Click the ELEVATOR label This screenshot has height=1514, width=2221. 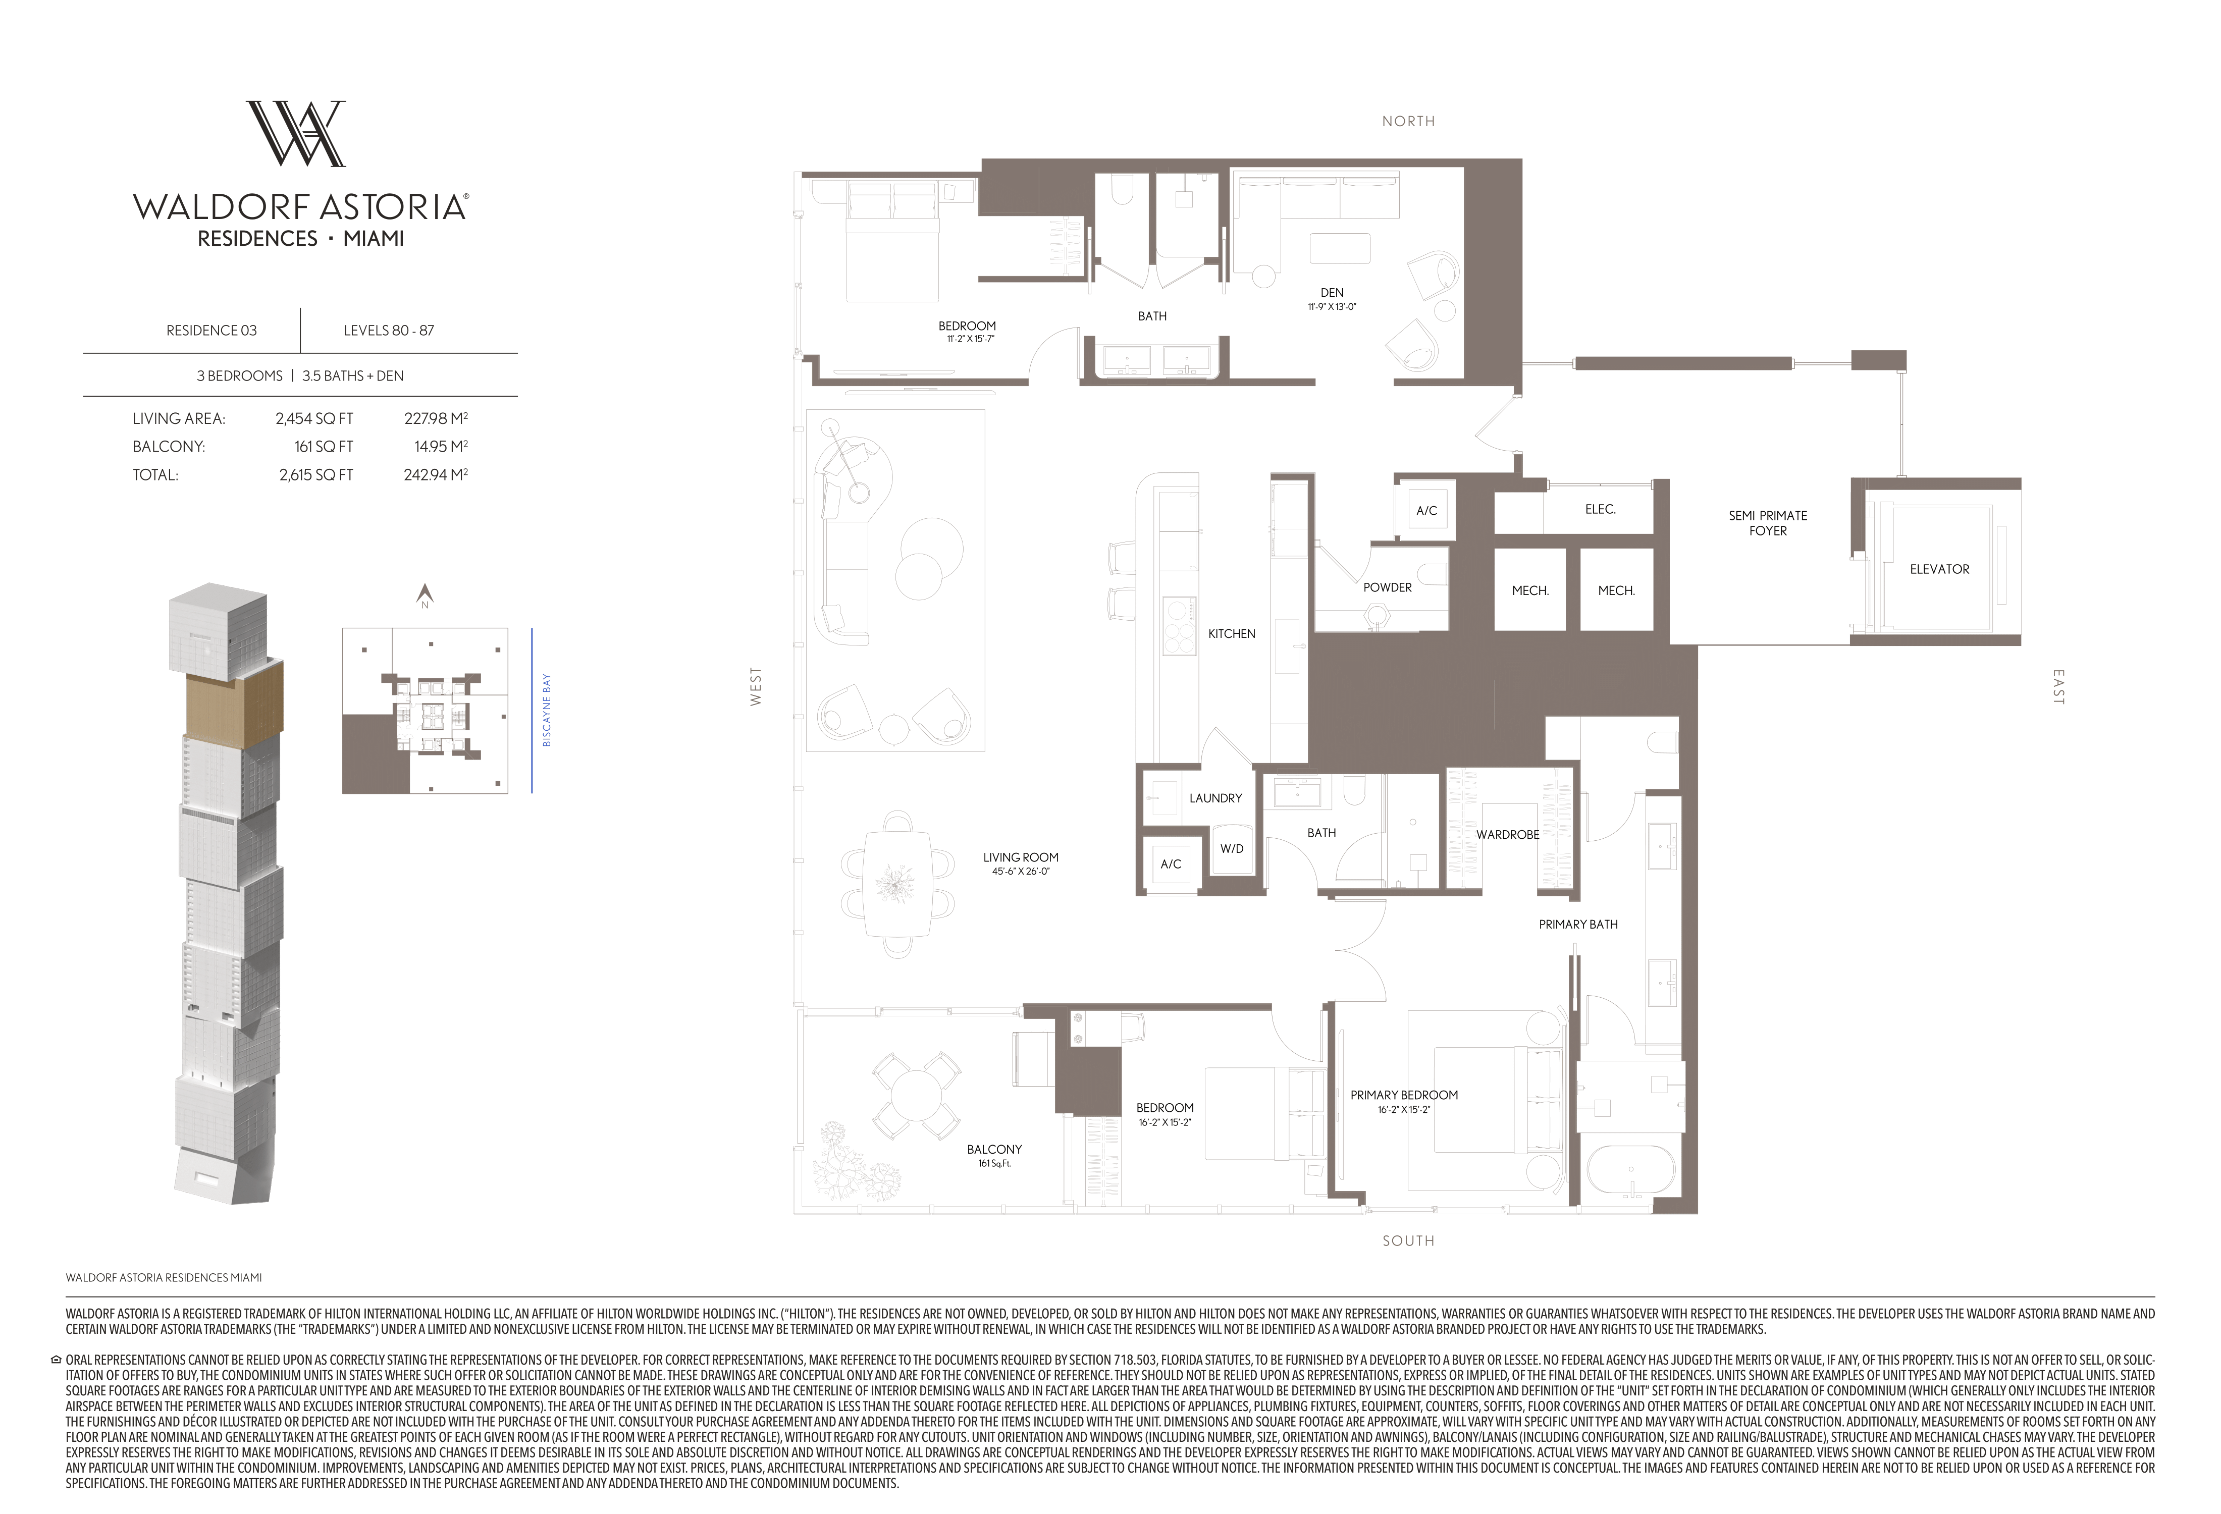click(x=1939, y=569)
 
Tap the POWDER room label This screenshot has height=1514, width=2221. click(x=1387, y=587)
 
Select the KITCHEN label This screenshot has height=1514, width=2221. click(x=1231, y=633)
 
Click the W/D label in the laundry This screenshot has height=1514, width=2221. click(x=1231, y=848)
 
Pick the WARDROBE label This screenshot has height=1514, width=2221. click(x=1507, y=835)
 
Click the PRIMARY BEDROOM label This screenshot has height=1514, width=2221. click(x=1404, y=1095)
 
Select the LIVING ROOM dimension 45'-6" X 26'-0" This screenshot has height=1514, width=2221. click(x=1021, y=871)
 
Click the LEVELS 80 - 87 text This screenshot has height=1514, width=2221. click(x=389, y=331)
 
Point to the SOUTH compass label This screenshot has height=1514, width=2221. click(x=1408, y=1241)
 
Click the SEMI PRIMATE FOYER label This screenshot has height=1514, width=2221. click(x=1767, y=523)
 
